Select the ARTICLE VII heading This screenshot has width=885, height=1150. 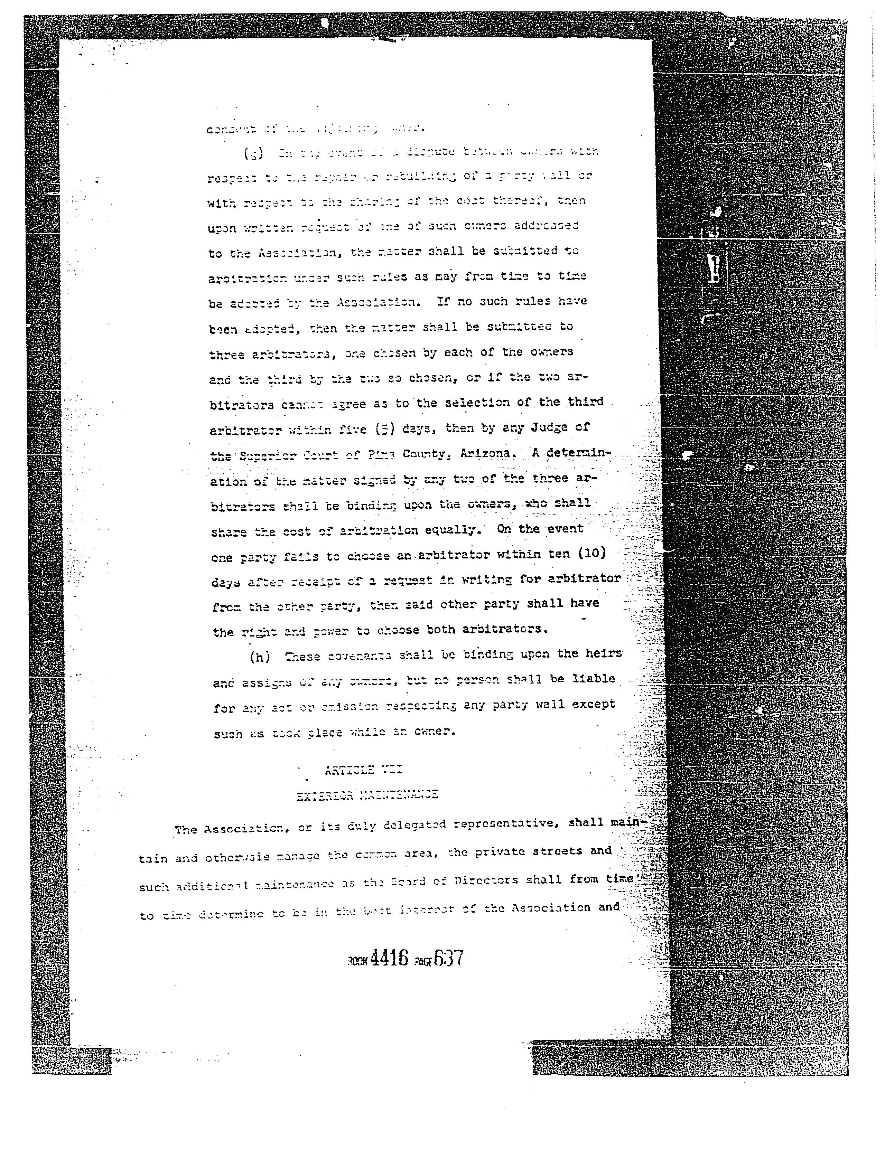363,770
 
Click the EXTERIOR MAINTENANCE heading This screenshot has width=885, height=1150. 367,795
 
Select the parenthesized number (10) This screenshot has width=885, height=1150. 588,554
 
